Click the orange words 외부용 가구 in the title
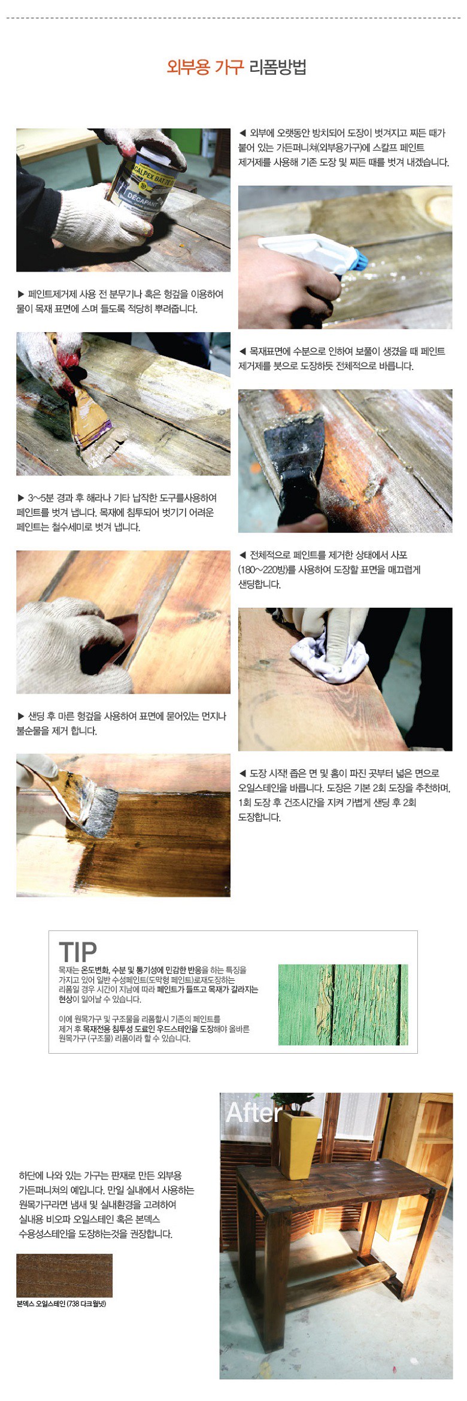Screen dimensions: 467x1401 205,67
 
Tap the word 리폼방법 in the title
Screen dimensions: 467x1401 277,67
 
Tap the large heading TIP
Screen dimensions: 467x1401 78,951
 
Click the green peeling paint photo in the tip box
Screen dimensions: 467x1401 343,1005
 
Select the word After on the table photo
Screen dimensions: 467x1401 254,1112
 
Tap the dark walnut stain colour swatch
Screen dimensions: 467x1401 64,1275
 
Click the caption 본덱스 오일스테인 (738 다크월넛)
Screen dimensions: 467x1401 61,1303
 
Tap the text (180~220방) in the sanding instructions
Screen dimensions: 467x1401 268,569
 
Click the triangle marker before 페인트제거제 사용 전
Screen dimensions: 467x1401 21,294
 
